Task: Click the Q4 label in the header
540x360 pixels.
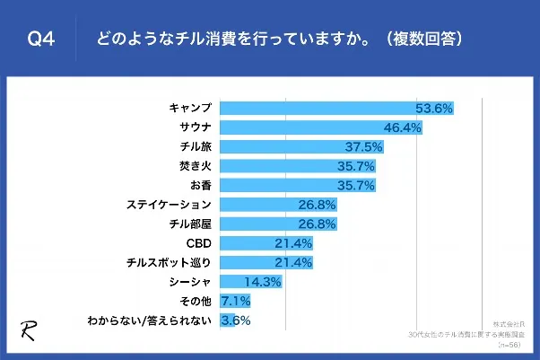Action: (x=42, y=40)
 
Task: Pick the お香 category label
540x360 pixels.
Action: (x=201, y=186)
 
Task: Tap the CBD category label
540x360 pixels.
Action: (x=198, y=243)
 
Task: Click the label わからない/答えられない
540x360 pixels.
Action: (x=150, y=320)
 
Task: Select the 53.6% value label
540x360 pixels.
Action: (x=433, y=109)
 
